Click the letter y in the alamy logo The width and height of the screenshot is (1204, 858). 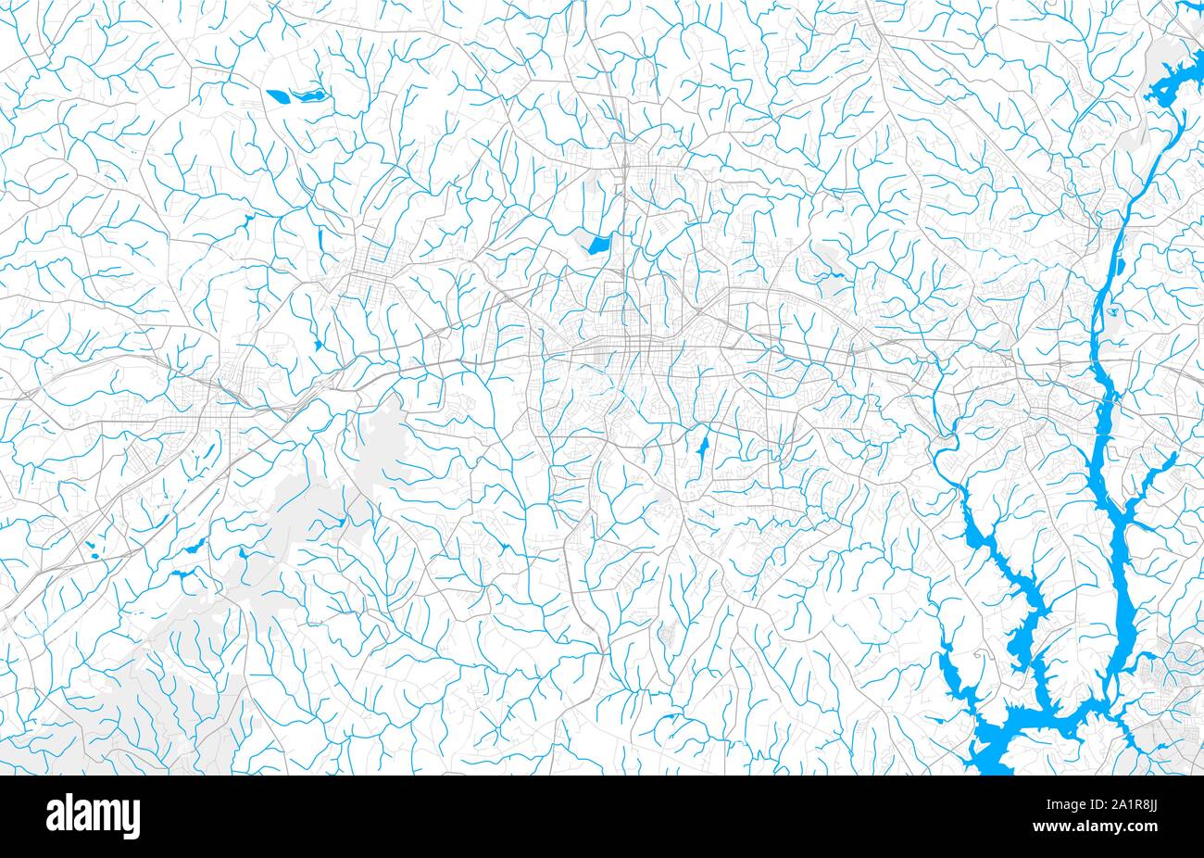tap(131, 821)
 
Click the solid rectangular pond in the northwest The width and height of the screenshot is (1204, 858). tap(277, 94)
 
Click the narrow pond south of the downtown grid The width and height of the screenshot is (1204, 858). tap(701, 449)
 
